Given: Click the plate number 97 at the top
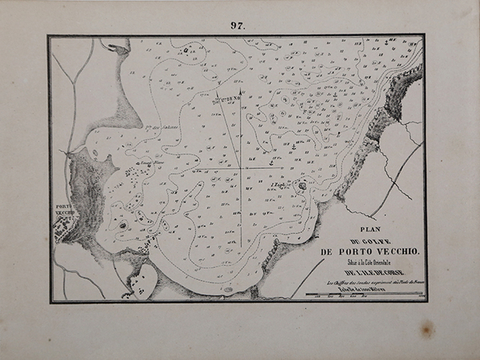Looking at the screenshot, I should [238, 25].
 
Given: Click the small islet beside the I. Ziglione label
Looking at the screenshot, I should [302, 186].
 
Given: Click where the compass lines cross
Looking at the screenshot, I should [242, 168].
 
